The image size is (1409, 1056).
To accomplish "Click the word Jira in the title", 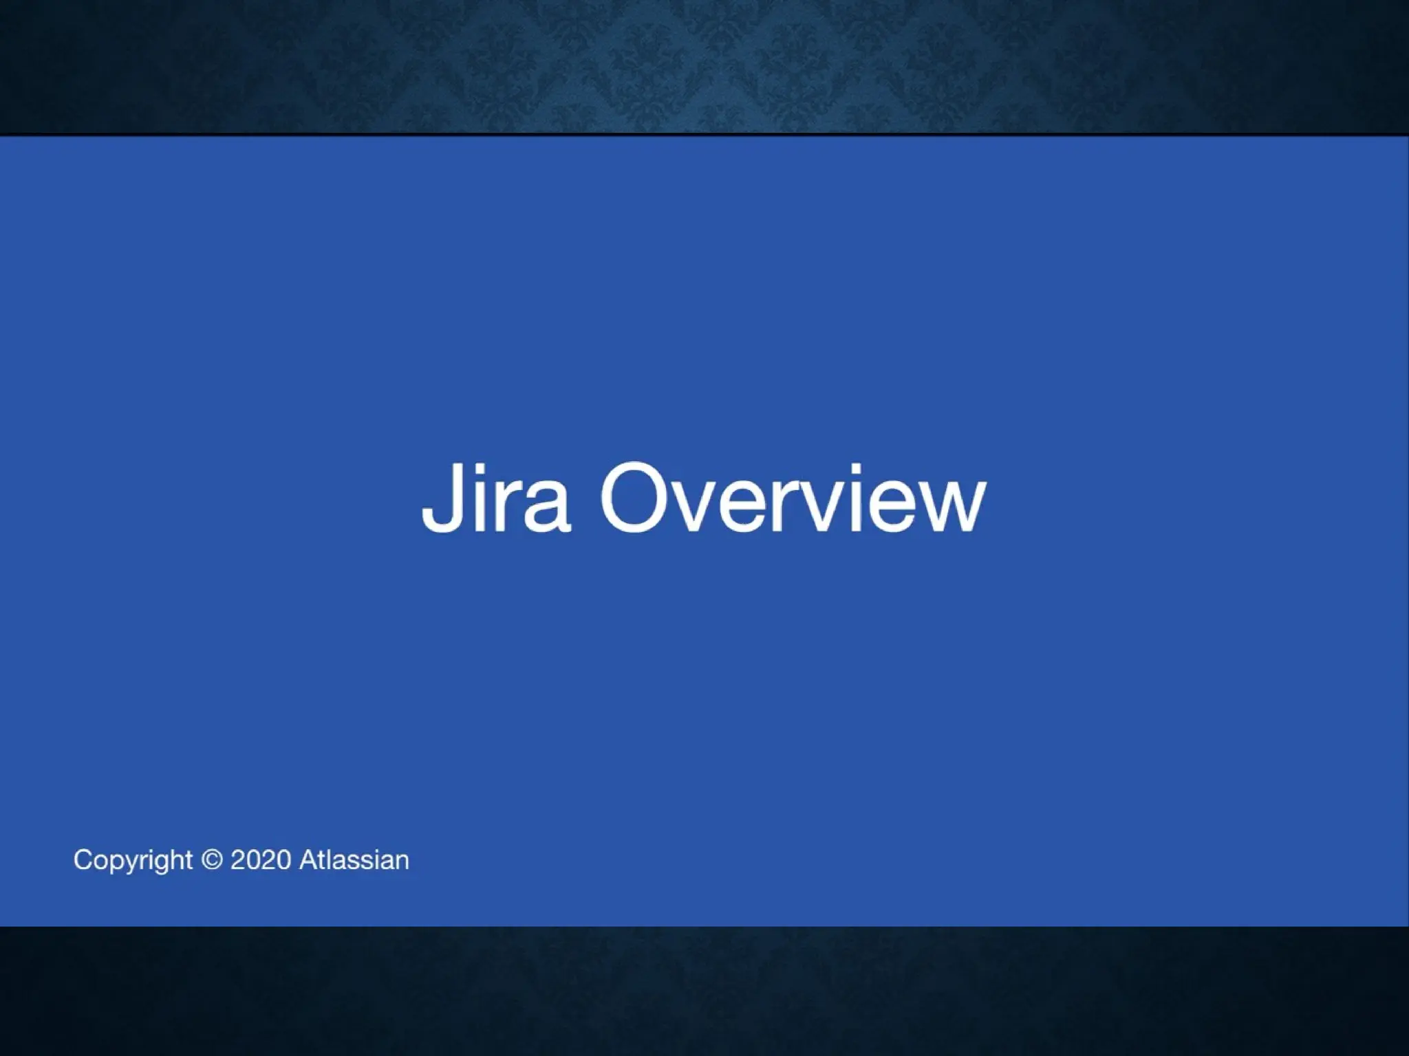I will (496, 498).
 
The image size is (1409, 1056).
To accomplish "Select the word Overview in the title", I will (793, 498).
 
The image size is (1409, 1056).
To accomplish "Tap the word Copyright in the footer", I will (133, 861).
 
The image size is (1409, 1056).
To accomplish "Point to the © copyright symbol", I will (213, 860).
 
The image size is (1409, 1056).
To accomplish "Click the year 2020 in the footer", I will (261, 860).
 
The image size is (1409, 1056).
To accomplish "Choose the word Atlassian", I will (354, 860).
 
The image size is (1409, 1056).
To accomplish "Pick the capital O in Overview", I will (635, 498).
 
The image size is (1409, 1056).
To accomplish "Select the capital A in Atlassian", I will (308, 860).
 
